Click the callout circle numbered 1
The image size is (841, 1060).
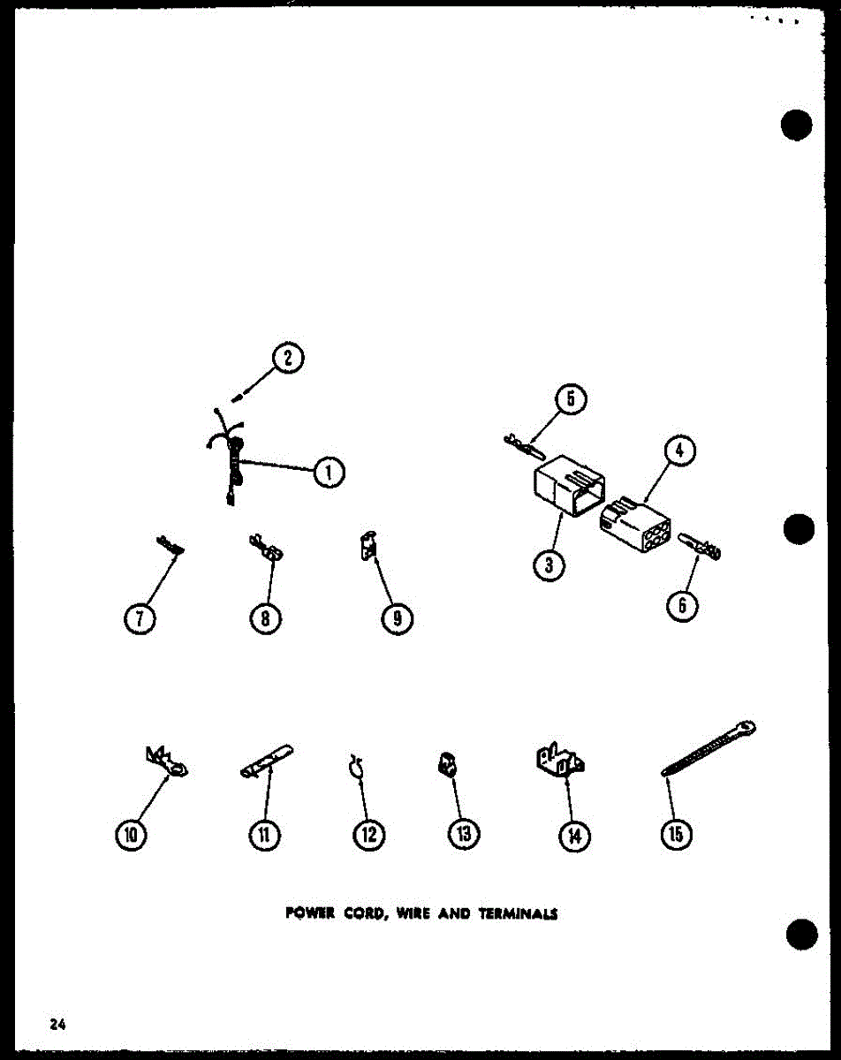pyautogui.click(x=328, y=473)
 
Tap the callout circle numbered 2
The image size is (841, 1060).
pyautogui.click(x=288, y=358)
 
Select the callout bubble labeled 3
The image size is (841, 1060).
pyautogui.click(x=549, y=565)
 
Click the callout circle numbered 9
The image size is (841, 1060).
pyautogui.click(x=398, y=618)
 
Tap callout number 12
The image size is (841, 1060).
pyautogui.click(x=368, y=834)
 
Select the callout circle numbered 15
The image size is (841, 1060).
pyautogui.click(x=676, y=833)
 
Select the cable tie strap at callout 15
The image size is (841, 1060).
pyautogui.click(x=707, y=749)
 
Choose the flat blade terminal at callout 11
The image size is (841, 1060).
pyautogui.click(x=268, y=762)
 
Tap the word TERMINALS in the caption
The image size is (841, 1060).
pyautogui.click(x=519, y=915)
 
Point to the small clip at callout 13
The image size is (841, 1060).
pyautogui.click(x=447, y=764)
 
